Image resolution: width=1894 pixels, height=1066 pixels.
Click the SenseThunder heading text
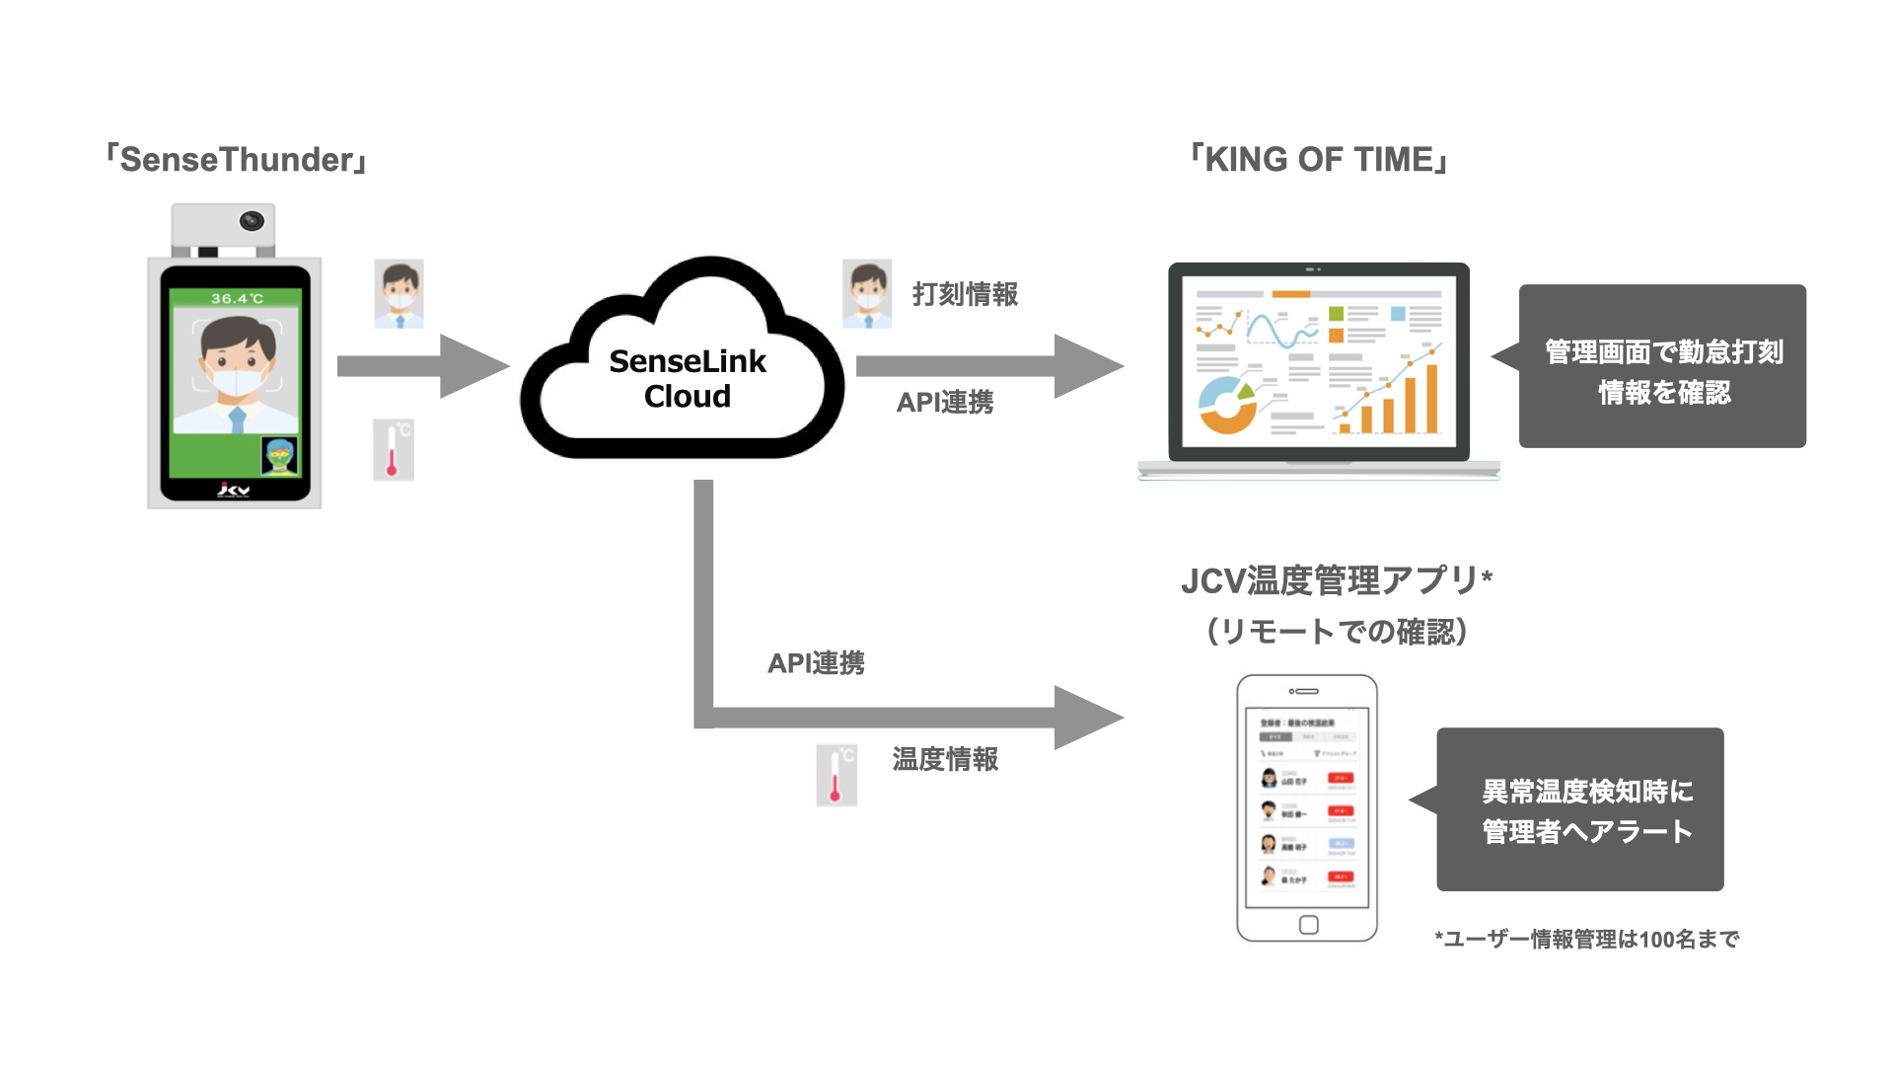tap(237, 160)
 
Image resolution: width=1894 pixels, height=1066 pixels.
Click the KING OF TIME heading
tap(1319, 160)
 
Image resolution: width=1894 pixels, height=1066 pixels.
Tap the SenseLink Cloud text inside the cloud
tap(688, 379)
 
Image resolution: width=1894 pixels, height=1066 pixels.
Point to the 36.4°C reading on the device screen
tap(237, 298)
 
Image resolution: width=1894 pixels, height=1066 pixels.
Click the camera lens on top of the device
tap(253, 221)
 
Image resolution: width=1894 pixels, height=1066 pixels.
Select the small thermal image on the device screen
tap(280, 457)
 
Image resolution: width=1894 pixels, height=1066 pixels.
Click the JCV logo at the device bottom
tap(234, 490)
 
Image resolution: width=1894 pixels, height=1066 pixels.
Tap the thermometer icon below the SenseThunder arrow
tap(393, 450)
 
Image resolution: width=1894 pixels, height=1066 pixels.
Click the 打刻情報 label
tap(965, 294)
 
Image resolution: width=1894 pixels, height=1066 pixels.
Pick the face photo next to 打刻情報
tap(867, 294)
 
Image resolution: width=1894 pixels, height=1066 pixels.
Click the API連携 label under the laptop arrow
tap(944, 403)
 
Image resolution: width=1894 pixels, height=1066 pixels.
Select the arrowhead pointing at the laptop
tap(1086, 366)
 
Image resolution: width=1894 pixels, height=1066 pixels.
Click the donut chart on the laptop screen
tap(1227, 405)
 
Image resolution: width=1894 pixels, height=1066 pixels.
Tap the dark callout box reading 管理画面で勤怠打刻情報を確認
tap(1662, 367)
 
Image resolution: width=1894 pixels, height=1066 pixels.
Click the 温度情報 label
tap(945, 759)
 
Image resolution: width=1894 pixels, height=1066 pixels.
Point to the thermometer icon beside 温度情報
tap(837, 775)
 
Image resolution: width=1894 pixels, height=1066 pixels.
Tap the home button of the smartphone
tap(1308, 925)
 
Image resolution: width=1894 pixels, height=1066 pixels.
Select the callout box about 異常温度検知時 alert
tap(1580, 810)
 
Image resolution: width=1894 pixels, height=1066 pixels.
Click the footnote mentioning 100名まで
tap(1586, 940)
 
